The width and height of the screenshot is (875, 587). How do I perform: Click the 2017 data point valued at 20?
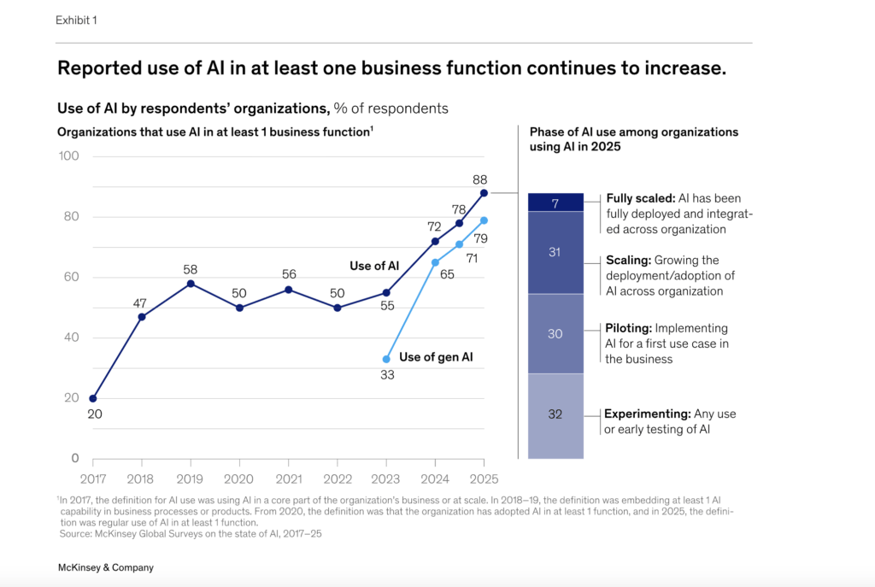(x=92, y=398)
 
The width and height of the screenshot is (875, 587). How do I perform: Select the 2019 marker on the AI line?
(x=191, y=284)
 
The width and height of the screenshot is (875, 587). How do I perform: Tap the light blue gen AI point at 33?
(x=386, y=359)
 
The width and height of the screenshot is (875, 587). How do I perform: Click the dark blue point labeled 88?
(x=484, y=193)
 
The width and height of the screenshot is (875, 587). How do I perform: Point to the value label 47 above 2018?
(x=142, y=302)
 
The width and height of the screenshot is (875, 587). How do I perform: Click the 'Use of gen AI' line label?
(x=436, y=357)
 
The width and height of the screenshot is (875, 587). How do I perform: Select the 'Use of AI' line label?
(x=374, y=266)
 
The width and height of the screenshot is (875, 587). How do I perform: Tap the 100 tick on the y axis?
(x=68, y=156)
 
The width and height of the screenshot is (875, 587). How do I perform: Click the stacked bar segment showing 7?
(x=555, y=203)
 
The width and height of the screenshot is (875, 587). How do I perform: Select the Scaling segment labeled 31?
(x=555, y=253)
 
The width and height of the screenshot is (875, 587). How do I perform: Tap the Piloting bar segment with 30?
(x=555, y=334)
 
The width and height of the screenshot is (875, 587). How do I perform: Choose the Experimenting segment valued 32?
(x=555, y=414)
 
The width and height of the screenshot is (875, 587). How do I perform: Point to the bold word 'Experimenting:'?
(x=647, y=414)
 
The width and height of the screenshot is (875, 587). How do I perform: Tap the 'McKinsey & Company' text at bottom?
(x=105, y=567)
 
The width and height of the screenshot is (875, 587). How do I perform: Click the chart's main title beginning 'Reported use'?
(x=391, y=68)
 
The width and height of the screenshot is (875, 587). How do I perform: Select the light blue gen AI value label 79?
(x=480, y=238)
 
